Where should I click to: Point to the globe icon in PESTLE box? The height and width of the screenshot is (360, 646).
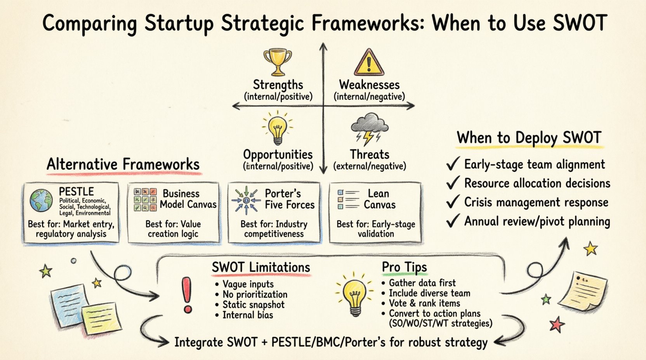tap(41, 200)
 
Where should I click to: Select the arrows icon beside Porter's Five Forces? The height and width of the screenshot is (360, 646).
tap(246, 200)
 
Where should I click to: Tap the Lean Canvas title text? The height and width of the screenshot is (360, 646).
tap(379, 199)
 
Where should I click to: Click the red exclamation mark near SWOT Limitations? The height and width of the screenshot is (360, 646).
tap(188, 295)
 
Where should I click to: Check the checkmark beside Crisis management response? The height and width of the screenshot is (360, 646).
tap(453, 202)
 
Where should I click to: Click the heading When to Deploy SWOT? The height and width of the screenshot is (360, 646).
tap(529, 138)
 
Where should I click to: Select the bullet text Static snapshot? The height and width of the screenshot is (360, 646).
tap(253, 305)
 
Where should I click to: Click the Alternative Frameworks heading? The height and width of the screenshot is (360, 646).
tap(123, 164)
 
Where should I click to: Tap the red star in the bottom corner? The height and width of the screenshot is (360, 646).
tap(557, 324)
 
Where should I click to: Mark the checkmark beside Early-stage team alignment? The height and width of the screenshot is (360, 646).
tap(453, 164)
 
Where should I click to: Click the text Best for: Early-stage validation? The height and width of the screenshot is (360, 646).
tap(375, 229)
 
